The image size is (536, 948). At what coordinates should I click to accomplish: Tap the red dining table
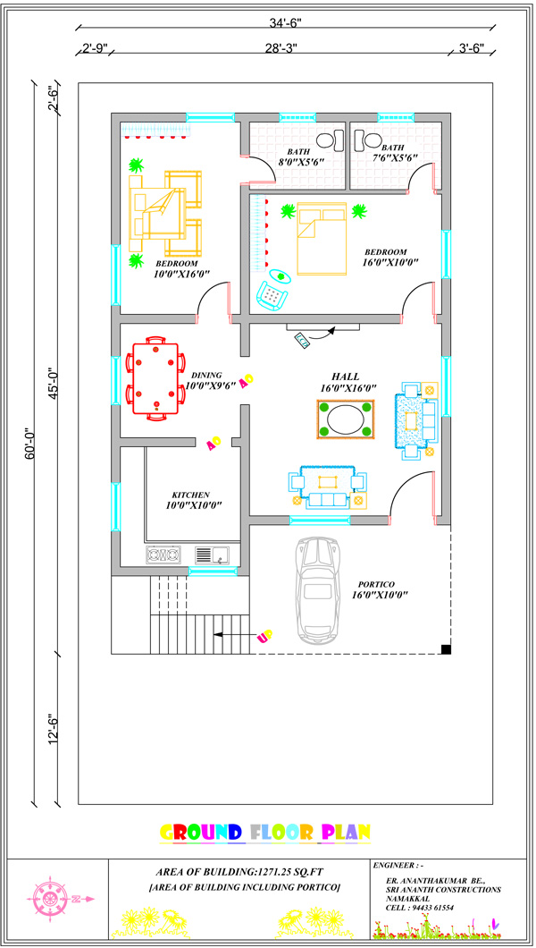tap(155, 378)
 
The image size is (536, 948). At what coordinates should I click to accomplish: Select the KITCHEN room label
tap(191, 494)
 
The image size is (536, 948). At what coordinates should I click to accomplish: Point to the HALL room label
tap(345, 376)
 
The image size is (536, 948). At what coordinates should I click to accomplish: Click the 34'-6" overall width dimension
tap(286, 23)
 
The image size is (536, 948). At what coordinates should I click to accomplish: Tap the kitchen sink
tap(212, 554)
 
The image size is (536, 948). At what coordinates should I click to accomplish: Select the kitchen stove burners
tap(163, 554)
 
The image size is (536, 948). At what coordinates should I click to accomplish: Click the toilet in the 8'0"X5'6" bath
tap(327, 140)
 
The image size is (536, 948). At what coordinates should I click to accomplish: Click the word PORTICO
tap(376, 584)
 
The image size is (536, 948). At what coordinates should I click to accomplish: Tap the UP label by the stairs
tap(265, 635)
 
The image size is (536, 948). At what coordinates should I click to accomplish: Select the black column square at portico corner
tap(446, 649)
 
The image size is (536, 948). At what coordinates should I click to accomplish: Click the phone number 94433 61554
tap(429, 908)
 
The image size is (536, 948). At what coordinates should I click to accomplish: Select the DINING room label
tap(206, 375)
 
